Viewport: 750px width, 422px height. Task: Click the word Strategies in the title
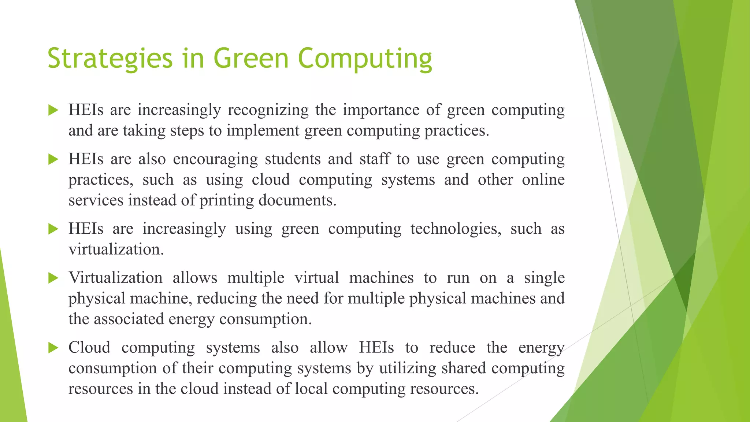[x=110, y=59]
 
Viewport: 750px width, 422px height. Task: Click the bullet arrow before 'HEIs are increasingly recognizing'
[x=53, y=110]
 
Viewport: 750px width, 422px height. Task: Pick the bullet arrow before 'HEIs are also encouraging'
[x=53, y=159]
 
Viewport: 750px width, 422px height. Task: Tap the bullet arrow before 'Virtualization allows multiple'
[x=53, y=278]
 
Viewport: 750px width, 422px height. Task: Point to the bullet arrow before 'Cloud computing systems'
[x=53, y=348]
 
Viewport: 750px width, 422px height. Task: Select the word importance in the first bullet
[x=381, y=110]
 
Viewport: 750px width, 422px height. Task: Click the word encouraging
[x=215, y=159]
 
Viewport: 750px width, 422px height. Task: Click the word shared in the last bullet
[x=464, y=368]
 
